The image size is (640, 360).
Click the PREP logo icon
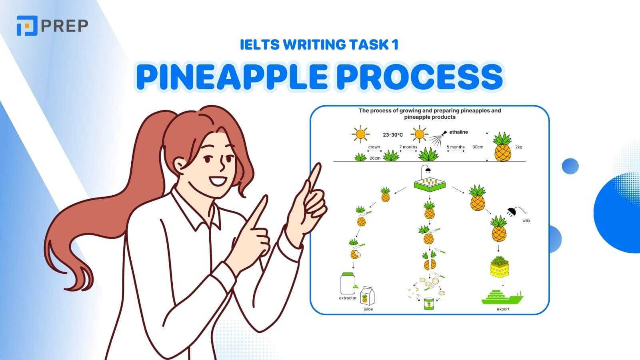pyautogui.click(x=27, y=25)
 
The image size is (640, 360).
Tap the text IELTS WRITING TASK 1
pyautogui.click(x=319, y=45)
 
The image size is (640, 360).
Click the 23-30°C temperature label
pyautogui.click(x=392, y=135)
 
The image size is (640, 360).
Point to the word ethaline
pyautogui.click(x=458, y=132)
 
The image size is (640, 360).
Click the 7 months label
pyautogui.click(x=408, y=147)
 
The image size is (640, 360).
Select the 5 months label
pyautogui.click(x=456, y=147)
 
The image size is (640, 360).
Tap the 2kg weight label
pyautogui.click(x=518, y=147)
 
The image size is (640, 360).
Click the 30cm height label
pyautogui.click(x=478, y=147)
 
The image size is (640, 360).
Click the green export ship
pyautogui.click(x=502, y=297)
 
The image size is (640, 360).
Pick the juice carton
pyautogui.click(x=367, y=296)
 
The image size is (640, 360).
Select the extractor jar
pyautogui.click(x=348, y=284)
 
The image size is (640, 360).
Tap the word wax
pyautogui.click(x=526, y=220)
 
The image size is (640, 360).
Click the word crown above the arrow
pyautogui.click(x=374, y=147)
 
